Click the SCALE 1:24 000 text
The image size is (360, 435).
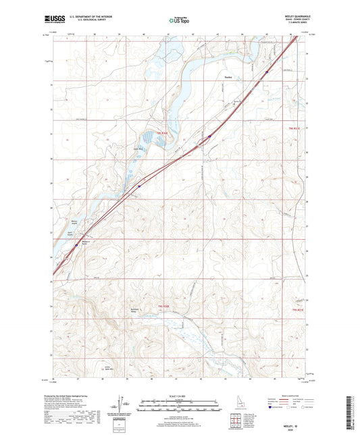(x=179, y=395)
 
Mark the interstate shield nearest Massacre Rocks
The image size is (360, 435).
(x=76, y=246)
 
